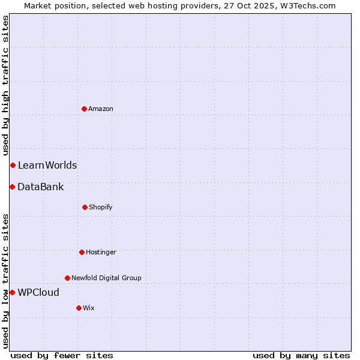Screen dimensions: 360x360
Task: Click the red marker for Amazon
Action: pos(84,109)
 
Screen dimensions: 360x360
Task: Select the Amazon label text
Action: pos(100,109)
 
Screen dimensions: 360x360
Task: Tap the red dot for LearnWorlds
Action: pos(13,165)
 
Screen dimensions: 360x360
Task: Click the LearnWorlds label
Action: pos(47,165)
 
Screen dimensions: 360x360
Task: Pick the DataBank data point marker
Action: pos(12,187)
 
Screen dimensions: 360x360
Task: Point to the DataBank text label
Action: pos(40,187)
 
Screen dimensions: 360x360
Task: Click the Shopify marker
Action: pos(85,207)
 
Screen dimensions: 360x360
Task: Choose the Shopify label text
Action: pos(100,207)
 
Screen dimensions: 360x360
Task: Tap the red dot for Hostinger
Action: pos(82,252)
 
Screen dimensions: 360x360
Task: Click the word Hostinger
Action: pos(101,252)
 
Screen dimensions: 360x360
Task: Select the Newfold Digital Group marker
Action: pos(67,278)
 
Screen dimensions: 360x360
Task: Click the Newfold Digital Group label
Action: pos(106,278)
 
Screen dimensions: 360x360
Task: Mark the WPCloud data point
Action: pos(12,292)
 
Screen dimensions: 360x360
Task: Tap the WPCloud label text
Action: pos(38,292)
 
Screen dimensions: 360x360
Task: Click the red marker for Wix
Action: pos(79,308)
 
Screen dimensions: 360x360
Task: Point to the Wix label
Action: pos(89,308)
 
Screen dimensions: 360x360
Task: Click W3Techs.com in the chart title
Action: pos(310,5)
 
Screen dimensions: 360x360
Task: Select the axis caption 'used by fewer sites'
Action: pos(62,355)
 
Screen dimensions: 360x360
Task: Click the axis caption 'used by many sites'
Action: pos(301,355)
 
